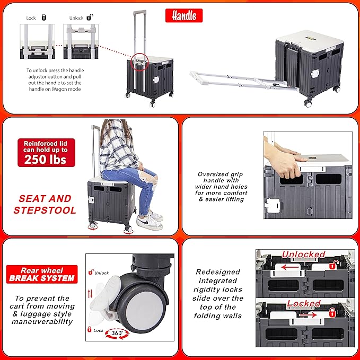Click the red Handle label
coord(184,15)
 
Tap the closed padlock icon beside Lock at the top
coord(44,17)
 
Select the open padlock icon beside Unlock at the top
coord(90,17)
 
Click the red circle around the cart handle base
coord(139,62)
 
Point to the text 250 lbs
coord(45,160)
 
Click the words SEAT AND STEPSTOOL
coord(45,204)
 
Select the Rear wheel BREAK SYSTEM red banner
coord(42,274)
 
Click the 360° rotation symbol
coord(117,333)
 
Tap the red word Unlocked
coord(303,254)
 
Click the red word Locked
coord(303,303)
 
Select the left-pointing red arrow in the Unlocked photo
coord(289,267)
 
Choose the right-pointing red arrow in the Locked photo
coord(308,315)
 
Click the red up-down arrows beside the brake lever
coord(90,294)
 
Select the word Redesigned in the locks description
coord(218,272)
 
